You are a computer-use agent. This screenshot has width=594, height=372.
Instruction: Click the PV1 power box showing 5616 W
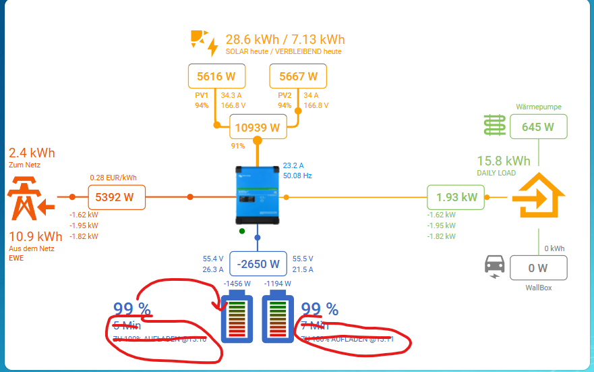point(216,76)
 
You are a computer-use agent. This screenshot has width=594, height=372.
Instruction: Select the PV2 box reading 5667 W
point(298,76)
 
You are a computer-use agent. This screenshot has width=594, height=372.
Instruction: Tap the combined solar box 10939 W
point(256,127)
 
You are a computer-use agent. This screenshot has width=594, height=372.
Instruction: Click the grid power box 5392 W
point(117,198)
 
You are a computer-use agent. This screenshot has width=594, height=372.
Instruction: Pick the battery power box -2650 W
point(257,264)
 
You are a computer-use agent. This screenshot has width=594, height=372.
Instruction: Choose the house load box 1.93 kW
point(456,197)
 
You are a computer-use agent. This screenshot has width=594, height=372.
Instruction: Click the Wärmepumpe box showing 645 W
point(538,126)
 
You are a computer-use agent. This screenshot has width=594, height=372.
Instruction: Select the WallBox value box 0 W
point(538,268)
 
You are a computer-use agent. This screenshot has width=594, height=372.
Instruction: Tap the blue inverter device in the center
point(257,196)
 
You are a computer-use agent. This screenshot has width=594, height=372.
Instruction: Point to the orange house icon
point(537,196)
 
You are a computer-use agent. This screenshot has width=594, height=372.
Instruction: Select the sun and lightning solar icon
point(204,42)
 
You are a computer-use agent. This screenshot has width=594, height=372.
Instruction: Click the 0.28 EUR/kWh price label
point(113,178)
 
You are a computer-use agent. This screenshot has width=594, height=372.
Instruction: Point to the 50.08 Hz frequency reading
point(297,176)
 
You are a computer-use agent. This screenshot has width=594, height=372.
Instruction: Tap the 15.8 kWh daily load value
point(504,161)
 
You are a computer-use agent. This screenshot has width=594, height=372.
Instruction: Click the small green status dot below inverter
point(242,231)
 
